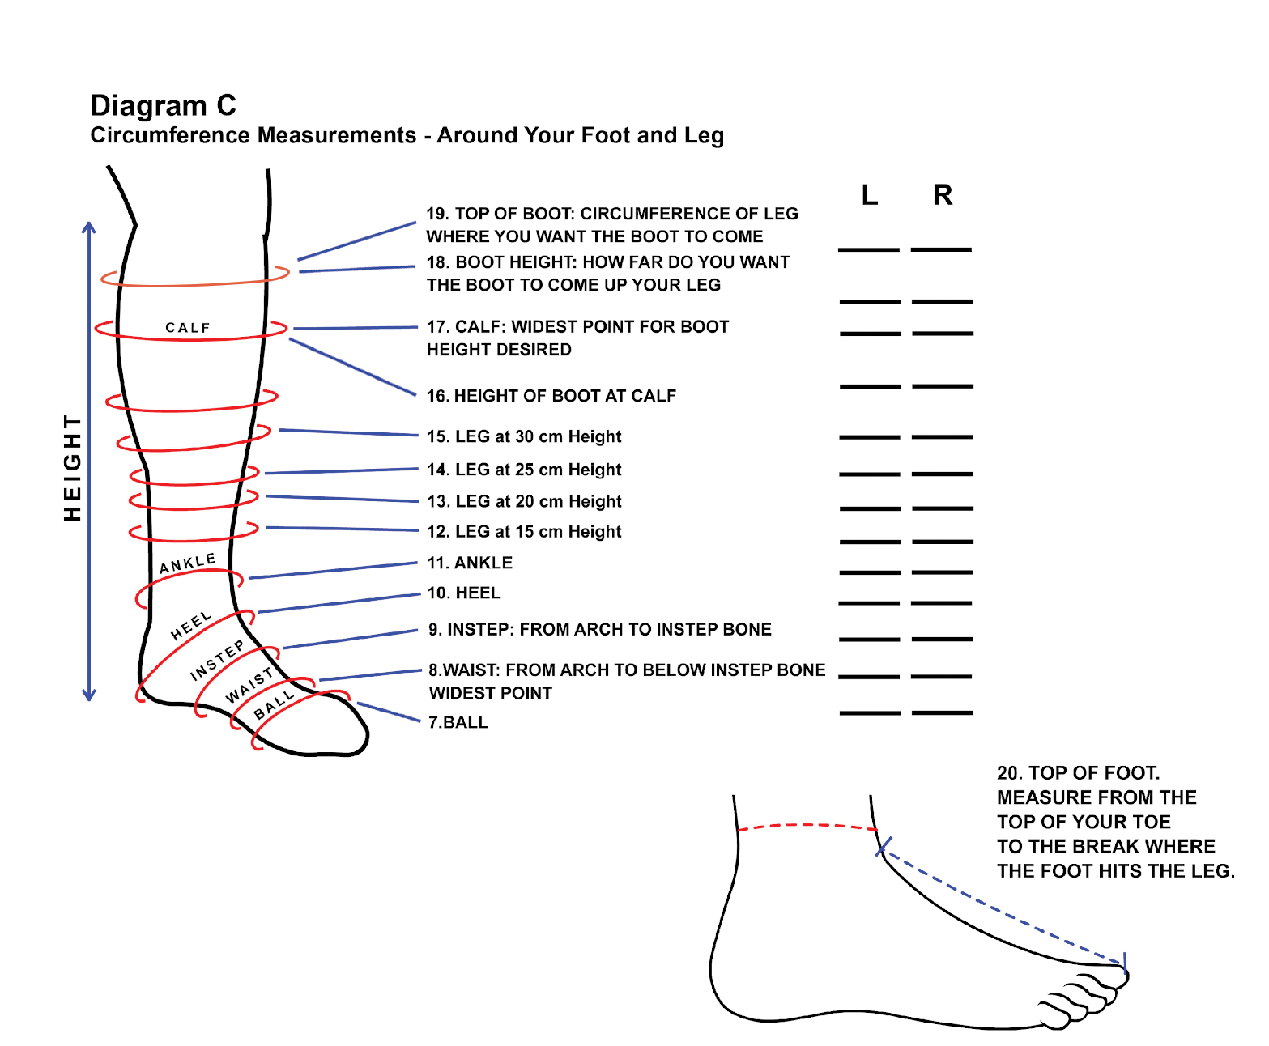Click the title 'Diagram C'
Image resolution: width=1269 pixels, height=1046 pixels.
click(x=163, y=106)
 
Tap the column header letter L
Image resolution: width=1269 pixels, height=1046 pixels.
click(x=869, y=195)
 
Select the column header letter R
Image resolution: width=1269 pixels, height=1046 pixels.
click(x=942, y=195)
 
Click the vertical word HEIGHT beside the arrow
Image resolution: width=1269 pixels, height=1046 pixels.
click(x=73, y=468)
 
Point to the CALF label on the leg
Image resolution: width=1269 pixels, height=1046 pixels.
click(x=188, y=328)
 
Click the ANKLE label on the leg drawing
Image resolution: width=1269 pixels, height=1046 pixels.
click(x=187, y=563)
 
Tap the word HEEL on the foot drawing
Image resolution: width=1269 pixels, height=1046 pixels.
click(x=191, y=626)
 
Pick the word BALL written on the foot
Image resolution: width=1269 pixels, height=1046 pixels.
click(x=273, y=705)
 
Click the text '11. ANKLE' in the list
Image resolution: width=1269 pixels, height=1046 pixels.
click(x=470, y=563)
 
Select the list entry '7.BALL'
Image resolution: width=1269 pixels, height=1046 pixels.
click(x=458, y=722)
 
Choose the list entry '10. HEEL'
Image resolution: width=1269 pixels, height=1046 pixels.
click(x=464, y=593)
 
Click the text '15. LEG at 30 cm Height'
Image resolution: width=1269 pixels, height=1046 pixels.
click(x=524, y=437)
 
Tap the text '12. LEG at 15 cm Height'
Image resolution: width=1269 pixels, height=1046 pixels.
click(x=524, y=532)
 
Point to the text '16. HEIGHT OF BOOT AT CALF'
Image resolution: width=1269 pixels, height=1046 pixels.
click(x=551, y=396)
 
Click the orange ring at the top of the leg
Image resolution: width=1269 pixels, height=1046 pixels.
click(x=194, y=284)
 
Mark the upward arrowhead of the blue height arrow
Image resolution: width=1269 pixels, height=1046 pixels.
click(x=89, y=227)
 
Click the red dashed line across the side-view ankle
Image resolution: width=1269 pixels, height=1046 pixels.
click(x=806, y=826)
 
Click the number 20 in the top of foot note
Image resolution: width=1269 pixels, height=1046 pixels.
click(x=1008, y=773)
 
